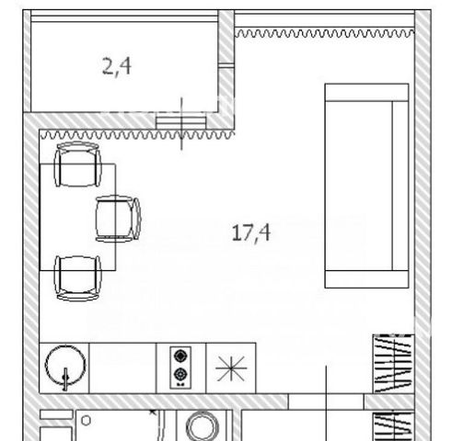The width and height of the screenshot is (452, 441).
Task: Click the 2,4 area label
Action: point(117,67)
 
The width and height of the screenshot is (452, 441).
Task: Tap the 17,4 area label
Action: point(251,232)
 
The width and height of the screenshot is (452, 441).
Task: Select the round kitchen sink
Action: point(65,365)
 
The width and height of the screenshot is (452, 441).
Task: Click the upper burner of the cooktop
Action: point(180,356)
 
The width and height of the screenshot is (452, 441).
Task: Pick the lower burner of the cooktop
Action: point(180,374)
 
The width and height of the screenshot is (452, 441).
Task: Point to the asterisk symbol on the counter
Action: point(231,368)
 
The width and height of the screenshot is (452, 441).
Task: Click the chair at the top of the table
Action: point(77,164)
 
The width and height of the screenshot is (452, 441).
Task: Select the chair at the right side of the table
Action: point(118,219)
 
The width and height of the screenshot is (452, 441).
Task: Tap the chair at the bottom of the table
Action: point(77,277)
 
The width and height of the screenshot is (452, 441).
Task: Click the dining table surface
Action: point(78,217)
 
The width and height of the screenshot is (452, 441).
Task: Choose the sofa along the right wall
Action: point(366,186)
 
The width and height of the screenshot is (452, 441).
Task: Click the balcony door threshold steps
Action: point(180,123)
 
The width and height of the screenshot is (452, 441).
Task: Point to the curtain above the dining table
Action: point(137,135)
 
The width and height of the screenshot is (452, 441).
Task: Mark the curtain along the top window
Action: point(325,33)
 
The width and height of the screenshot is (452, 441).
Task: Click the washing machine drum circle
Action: point(203,426)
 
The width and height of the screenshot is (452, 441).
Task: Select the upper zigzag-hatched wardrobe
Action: point(394,364)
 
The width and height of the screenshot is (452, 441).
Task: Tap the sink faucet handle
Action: point(65,379)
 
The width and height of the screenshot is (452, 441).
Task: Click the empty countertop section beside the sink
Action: point(122,368)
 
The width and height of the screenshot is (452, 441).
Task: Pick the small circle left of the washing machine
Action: point(87,421)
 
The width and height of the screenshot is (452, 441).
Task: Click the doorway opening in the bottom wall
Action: point(326,401)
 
